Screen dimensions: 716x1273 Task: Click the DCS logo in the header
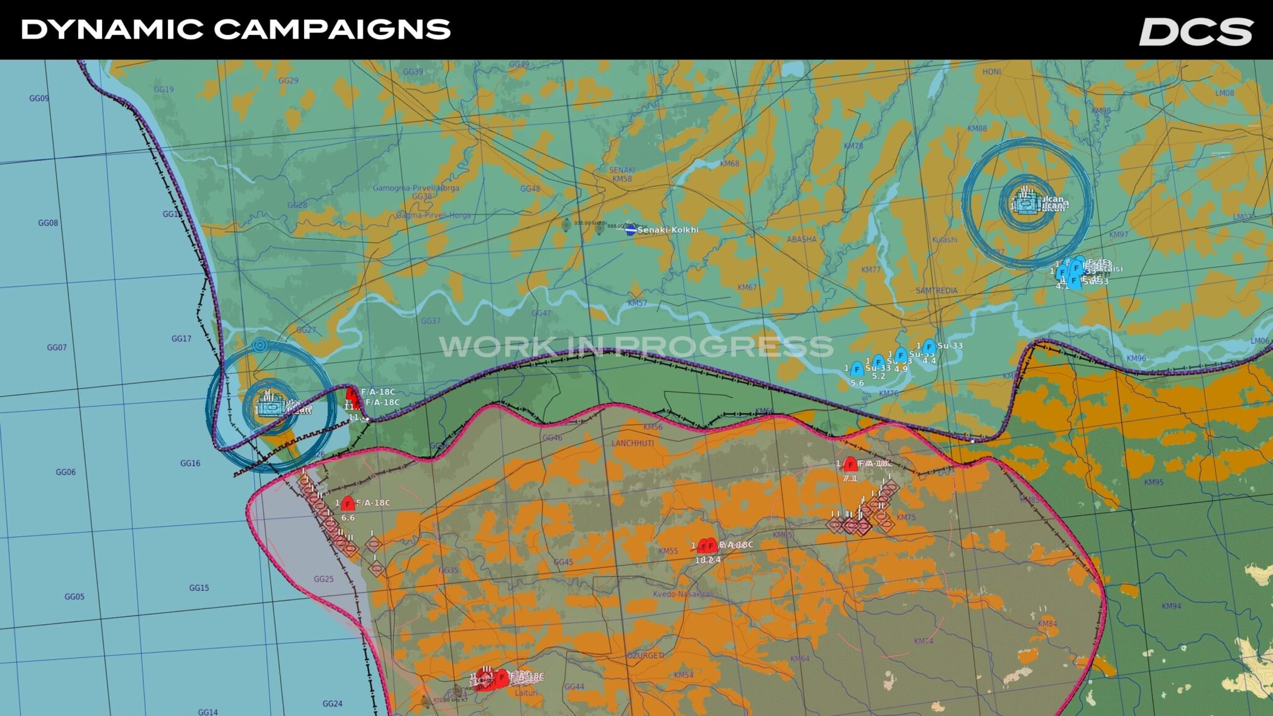[x=1195, y=31]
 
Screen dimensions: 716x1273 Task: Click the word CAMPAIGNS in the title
[x=333, y=29]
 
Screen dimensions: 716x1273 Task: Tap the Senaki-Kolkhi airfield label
[x=668, y=230]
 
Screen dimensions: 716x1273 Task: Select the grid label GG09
[x=39, y=98]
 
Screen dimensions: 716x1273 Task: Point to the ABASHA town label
[x=801, y=239]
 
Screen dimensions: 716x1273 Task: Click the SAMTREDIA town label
[x=936, y=291]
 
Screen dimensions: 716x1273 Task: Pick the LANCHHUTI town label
[x=632, y=443]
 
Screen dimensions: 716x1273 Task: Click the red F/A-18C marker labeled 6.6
[x=347, y=504]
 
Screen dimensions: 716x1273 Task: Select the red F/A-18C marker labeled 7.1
[x=850, y=465]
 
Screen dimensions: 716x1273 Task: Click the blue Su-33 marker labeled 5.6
[x=857, y=369]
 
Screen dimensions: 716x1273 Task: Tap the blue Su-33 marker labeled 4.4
[x=929, y=347]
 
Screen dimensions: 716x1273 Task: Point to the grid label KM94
[x=1171, y=606]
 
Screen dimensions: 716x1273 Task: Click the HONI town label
[x=991, y=72]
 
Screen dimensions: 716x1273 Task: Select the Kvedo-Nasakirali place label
[x=682, y=594]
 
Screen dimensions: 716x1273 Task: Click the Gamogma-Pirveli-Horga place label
[x=416, y=188]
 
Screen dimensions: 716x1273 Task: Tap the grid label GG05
[x=74, y=597]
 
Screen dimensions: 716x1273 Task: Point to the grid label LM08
[x=1225, y=93]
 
